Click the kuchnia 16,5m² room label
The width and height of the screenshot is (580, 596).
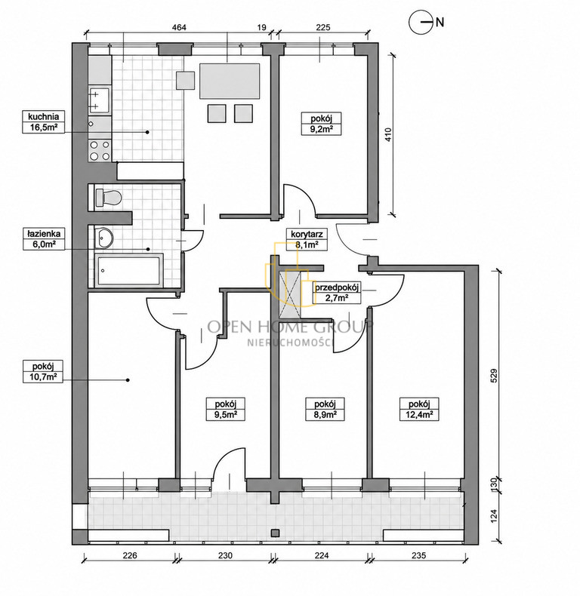point(43,121)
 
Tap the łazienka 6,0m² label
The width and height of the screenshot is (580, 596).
point(43,238)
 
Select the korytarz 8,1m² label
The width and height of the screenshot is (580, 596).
point(307,239)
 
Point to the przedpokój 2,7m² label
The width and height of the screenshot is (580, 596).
point(336,293)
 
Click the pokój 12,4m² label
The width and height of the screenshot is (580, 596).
point(419,409)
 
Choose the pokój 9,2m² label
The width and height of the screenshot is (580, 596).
point(321,123)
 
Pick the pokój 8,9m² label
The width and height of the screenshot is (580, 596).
point(325,409)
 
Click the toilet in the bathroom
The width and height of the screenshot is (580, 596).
point(108,198)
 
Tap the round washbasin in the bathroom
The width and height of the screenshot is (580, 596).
point(103,238)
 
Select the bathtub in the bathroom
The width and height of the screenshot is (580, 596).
point(128,270)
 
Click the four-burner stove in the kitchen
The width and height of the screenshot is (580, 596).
point(100,151)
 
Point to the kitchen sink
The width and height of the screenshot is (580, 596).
point(100,101)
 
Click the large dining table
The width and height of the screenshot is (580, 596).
point(230,81)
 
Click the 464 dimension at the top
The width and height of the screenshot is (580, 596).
point(179,27)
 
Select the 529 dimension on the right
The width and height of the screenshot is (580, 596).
point(494,376)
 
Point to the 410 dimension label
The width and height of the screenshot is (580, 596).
point(388,134)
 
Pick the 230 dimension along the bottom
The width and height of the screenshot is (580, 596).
point(225,555)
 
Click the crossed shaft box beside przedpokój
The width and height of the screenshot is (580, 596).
point(291,293)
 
